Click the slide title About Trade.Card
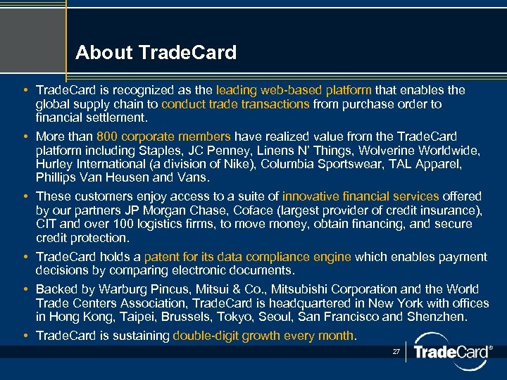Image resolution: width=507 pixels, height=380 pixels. [156, 53]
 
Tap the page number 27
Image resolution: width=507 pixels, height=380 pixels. [396, 350]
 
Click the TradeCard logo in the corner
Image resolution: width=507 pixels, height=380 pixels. [450, 351]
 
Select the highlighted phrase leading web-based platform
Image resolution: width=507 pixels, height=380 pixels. [294, 90]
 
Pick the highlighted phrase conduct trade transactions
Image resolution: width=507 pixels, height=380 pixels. [235, 104]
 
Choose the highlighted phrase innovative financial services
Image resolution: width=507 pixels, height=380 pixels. [361, 196]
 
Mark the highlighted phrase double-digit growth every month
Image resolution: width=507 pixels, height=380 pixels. [264, 336]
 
